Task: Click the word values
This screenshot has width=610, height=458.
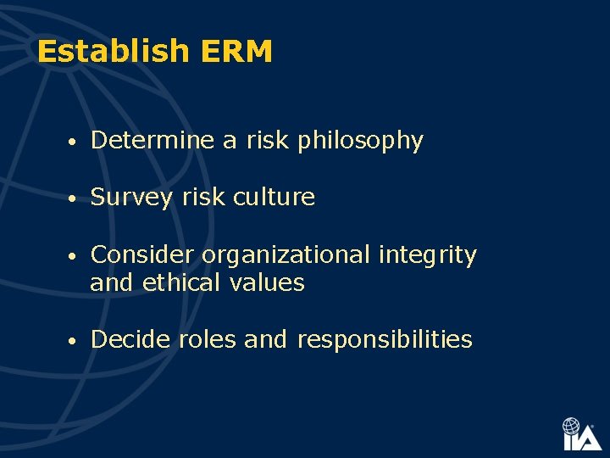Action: (x=267, y=282)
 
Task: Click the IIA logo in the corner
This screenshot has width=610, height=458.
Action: (x=581, y=433)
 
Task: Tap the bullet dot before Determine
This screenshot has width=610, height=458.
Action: (x=75, y=142)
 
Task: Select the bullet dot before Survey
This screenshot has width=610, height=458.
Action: (x=75, y=199)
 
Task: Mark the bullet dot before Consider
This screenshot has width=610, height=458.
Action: (x=75, y=256)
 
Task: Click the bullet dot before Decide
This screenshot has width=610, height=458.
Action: (x=75, y=341)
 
